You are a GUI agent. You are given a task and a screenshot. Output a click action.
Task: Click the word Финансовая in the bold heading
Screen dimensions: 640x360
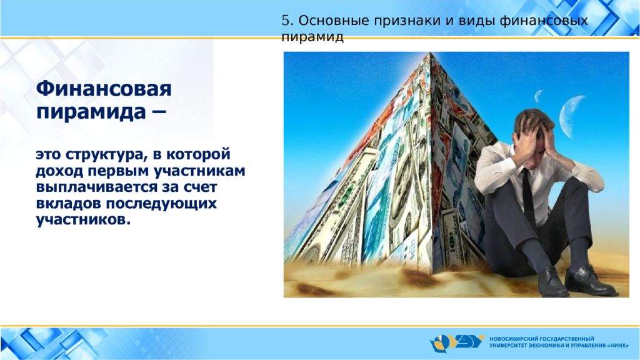104,89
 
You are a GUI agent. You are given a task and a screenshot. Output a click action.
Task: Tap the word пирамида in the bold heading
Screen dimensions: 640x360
91,111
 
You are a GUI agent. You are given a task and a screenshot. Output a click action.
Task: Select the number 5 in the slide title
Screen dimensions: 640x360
285,21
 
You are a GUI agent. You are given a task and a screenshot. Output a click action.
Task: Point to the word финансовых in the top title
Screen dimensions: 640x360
544,21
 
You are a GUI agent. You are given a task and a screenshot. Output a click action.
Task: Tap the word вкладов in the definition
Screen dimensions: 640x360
68,203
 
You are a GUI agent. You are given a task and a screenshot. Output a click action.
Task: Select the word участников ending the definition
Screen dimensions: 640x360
83,220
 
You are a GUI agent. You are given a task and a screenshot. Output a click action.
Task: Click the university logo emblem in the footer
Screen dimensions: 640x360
456,343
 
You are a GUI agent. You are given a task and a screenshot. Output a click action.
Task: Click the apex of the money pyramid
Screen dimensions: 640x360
431,53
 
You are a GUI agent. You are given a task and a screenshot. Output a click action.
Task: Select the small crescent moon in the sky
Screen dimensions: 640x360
538,96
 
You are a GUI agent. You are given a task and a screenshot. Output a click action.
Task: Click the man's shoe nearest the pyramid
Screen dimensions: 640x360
552,282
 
